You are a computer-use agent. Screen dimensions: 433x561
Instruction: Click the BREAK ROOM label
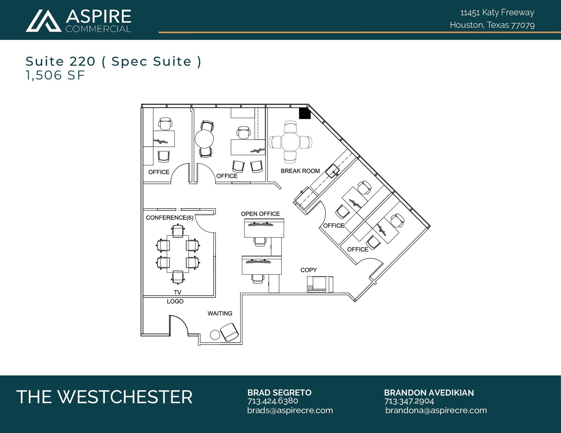click(300, 171)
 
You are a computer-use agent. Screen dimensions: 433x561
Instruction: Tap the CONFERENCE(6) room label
click(170, 218)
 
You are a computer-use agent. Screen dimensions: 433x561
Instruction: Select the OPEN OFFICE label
click(260, 214)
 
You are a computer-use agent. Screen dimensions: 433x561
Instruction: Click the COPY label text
click(308, 270)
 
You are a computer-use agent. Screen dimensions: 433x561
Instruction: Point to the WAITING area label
click(220, 313)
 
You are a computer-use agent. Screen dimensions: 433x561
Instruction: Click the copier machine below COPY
click(320, 284)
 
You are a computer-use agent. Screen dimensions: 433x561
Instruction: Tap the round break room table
click(290, 142)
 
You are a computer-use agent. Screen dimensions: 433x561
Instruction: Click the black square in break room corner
click(305, 114)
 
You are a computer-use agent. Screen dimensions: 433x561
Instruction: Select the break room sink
click(333, 171)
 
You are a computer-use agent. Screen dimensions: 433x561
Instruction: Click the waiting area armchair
click(230, 332)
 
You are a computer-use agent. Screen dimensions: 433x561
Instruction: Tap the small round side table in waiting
click(215, 335)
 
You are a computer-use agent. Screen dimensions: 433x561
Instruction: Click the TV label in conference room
click(178, 292)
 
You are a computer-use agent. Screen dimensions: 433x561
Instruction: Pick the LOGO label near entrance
click(175, 301)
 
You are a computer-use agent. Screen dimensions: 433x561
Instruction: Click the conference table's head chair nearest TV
click(178, 277)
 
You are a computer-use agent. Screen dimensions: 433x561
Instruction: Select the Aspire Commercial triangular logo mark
click(43, 21)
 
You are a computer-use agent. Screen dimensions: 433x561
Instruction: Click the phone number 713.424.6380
click(273, 401)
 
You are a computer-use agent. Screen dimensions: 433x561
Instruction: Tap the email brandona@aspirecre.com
click(436, 410)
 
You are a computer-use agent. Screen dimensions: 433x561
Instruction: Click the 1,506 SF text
click(55, 75)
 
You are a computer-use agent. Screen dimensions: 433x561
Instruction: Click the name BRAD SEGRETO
click(279, 393)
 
